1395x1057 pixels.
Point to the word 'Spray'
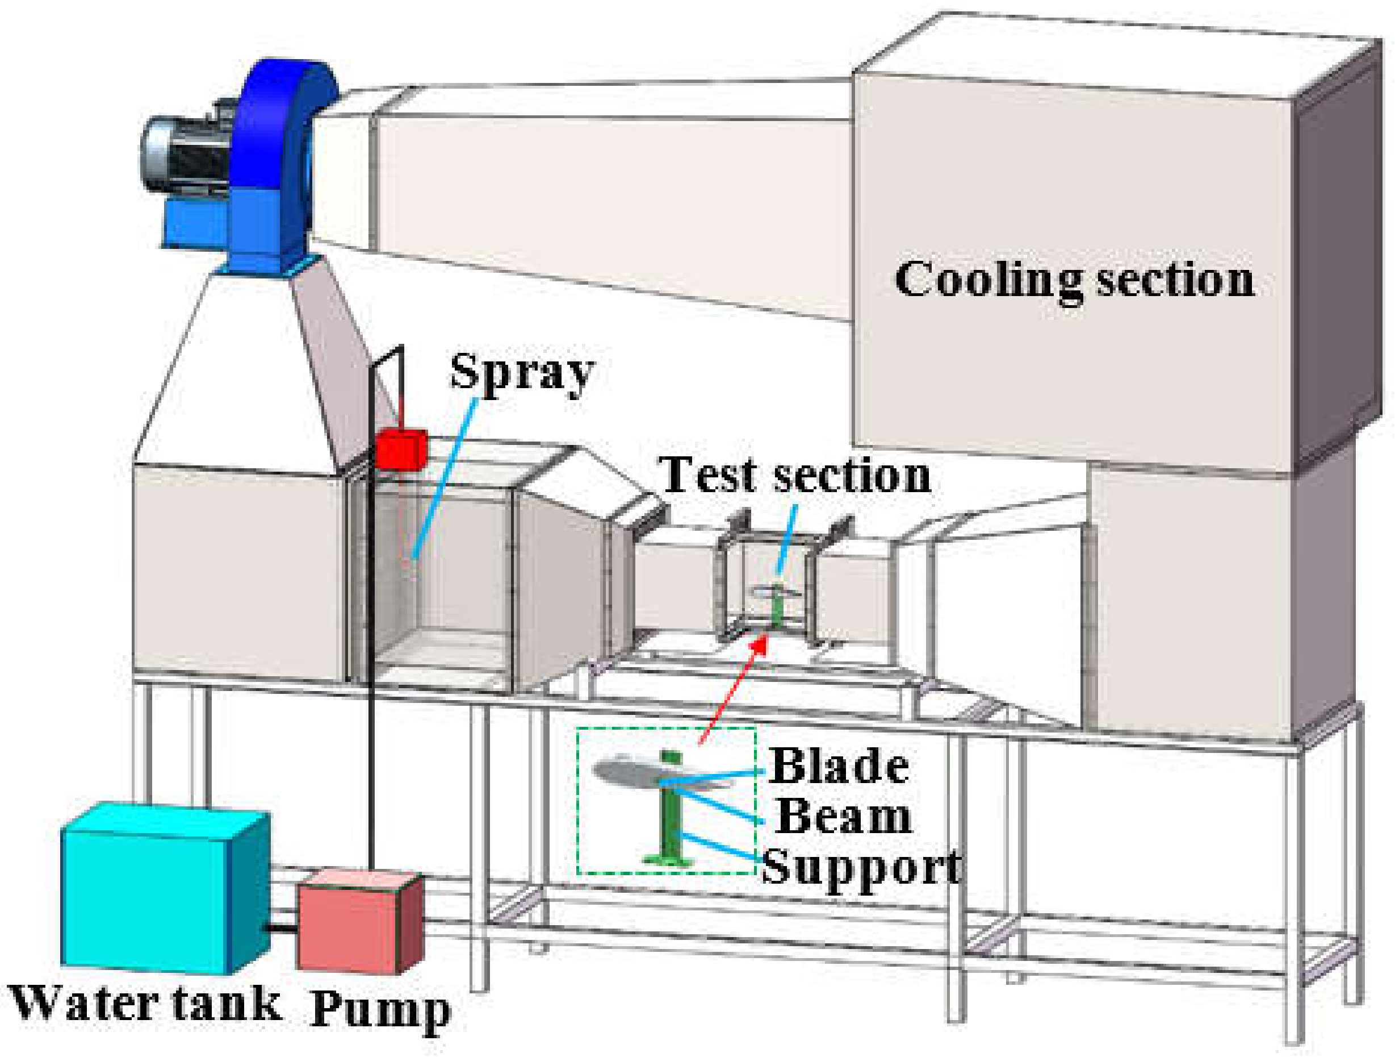click(x=522, y=372)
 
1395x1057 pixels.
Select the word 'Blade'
click(x=839, y=767)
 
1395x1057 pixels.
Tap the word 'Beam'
click(x=844, y=817)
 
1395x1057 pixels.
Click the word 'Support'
click(x=861, y=868)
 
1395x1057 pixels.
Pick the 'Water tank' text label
click(x=145, y=1004)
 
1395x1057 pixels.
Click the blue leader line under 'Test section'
click(x=786, y=539)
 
